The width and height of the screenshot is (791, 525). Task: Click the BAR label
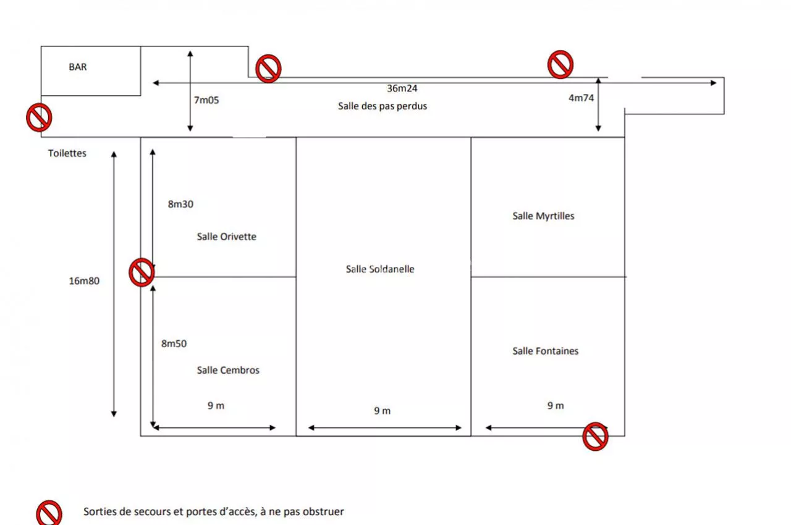[x=78, y=67]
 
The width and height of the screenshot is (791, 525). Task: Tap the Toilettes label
[x=67, y=153]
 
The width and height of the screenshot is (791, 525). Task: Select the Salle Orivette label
[x=226, y=237]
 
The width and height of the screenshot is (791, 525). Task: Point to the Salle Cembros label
[x=228, y=370]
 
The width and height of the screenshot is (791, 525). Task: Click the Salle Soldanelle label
[x=380, y=269]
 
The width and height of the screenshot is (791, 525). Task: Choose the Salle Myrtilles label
[x=543, y=216]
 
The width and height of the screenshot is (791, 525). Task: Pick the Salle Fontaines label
[x=546, y=351]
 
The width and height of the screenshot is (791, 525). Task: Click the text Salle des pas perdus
[x=383, y=106]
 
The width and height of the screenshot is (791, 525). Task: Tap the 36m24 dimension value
[x=402, y=88]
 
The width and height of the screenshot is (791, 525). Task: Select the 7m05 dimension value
[x=206, y=100]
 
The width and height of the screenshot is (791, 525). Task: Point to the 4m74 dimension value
[x=582, y=98]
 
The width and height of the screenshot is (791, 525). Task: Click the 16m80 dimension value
[x=84, y=281]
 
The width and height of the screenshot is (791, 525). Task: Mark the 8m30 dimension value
[x=180, y=204]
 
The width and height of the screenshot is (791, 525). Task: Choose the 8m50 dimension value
[x=174, y=343]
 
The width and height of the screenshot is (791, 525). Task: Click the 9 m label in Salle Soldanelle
[x=383, y=411]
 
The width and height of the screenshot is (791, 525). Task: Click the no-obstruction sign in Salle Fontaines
[x=595, y=437]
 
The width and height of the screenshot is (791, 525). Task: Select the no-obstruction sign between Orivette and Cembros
[x=142, y=272]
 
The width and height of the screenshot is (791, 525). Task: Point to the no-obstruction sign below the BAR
[x=39, y=117]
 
